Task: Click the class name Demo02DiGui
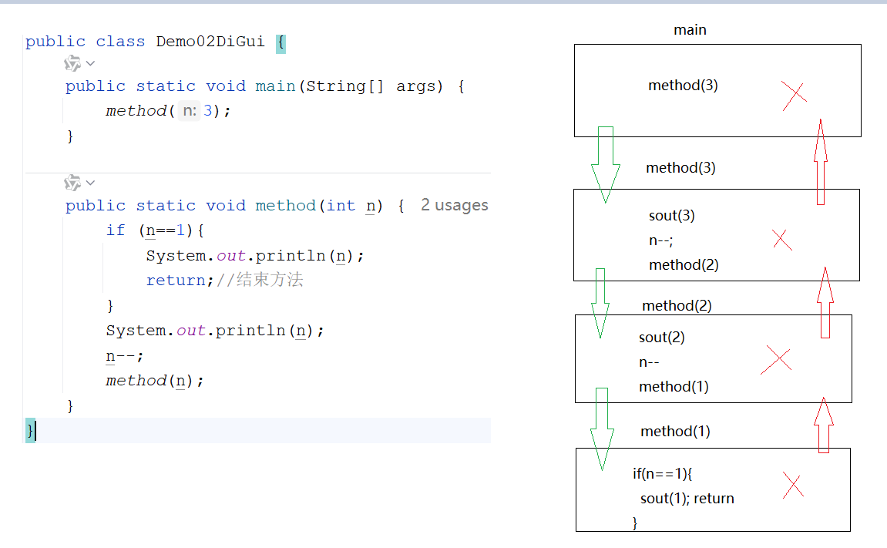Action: tap(210, 42)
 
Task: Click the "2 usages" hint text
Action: tap(455, 205)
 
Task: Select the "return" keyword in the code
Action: tap(176, 281)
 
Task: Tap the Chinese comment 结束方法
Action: tap(270, 281)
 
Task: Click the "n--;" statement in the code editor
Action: tap(125, 355)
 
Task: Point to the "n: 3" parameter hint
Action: tap(197, 111)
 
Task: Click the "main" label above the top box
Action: tap(690, 30)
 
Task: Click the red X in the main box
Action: tap(794, 95)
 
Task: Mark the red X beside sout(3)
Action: tap(781, 240)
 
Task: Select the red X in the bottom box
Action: tap(793, 485)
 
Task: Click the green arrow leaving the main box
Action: tap(605, 164)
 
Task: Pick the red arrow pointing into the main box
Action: tap(821, 162)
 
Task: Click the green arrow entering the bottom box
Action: tap(602, 429)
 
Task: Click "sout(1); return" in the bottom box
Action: tap(687, 499)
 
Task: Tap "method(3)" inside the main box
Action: tap(683, 86)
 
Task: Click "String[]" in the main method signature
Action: tap(344, 86)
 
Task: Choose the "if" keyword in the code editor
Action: tap(116, 230)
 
